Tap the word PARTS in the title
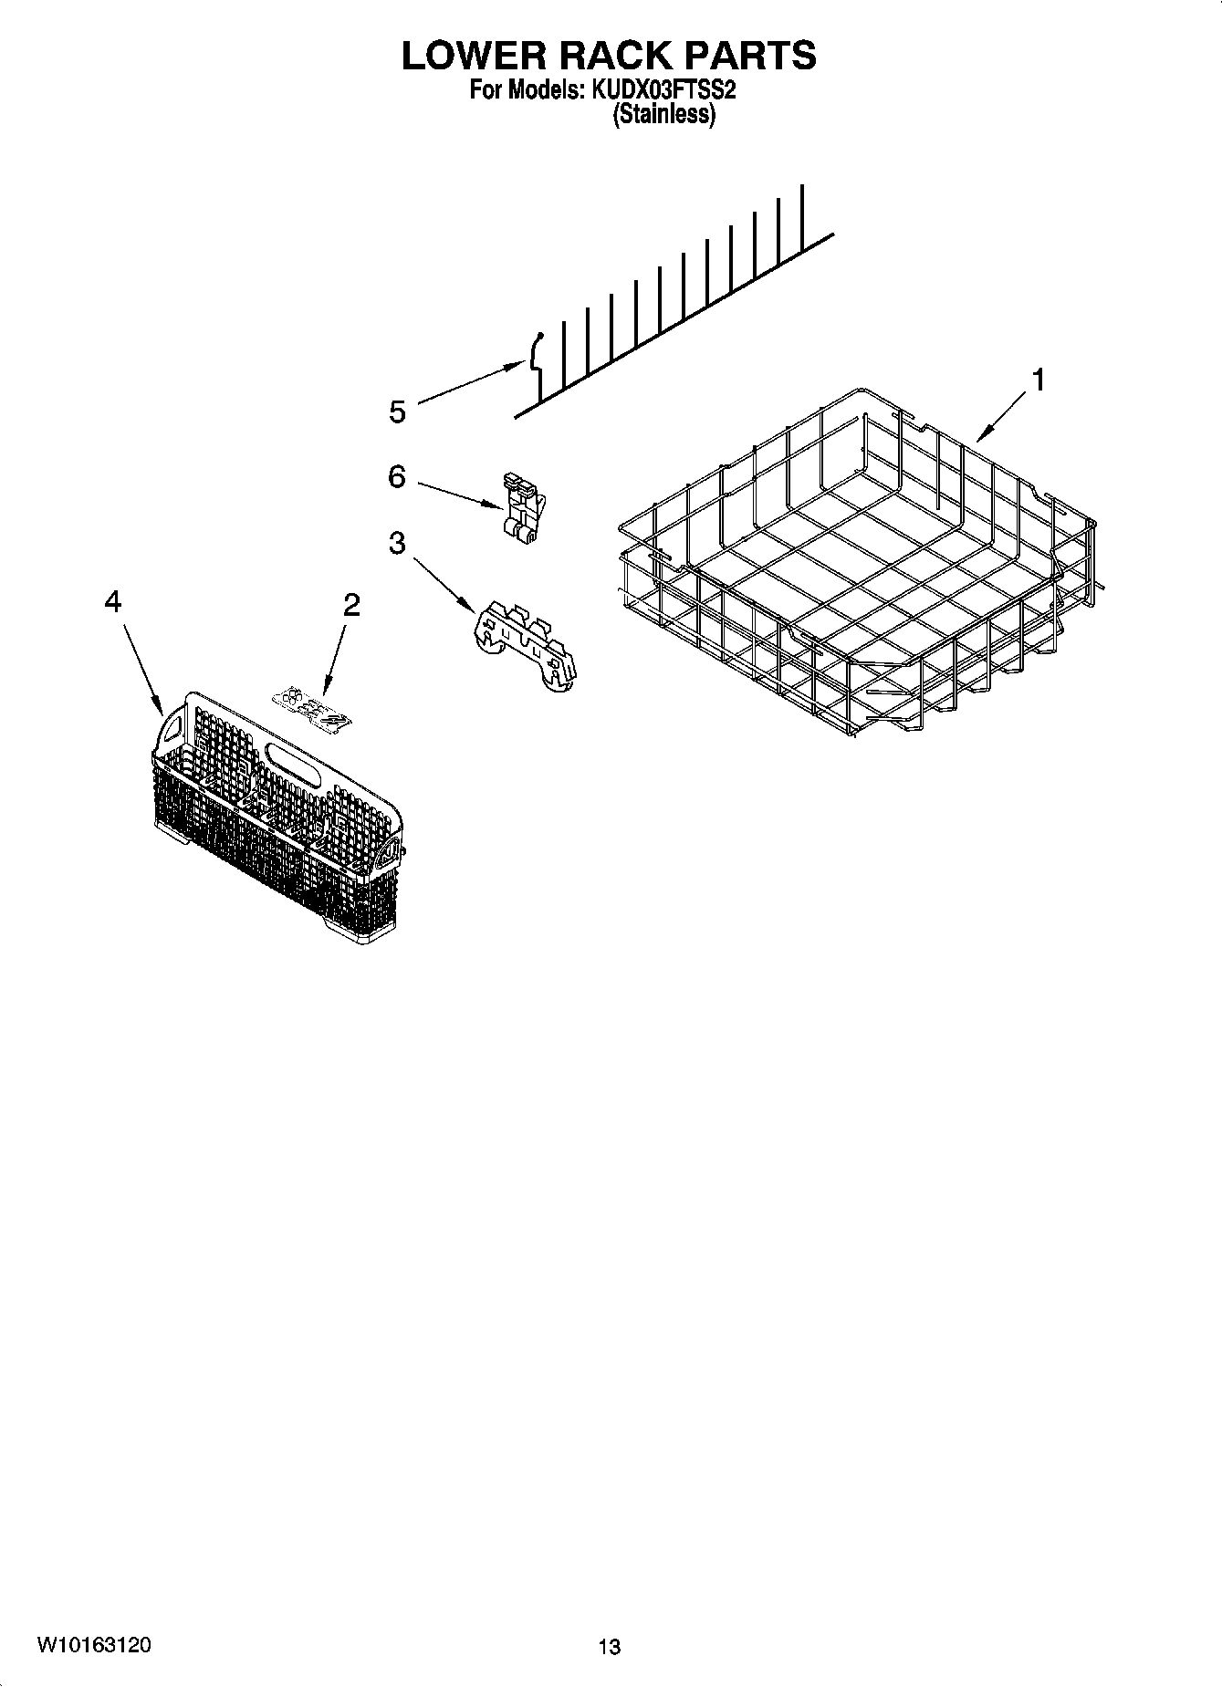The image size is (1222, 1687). point(750,56)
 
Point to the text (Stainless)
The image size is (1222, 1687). point(663,115)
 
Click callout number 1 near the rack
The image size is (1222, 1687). point(1037,380)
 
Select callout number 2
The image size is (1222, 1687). point(351,604)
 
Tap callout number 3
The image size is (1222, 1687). point(396,543)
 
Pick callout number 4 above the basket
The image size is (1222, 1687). point(112,601)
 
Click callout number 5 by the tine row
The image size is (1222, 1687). point(397,412)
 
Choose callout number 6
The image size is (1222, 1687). point(396,476)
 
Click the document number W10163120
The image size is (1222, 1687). point(94,1645)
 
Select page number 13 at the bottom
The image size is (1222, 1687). point(610,1647)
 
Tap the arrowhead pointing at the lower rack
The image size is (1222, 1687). point(979,439)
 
